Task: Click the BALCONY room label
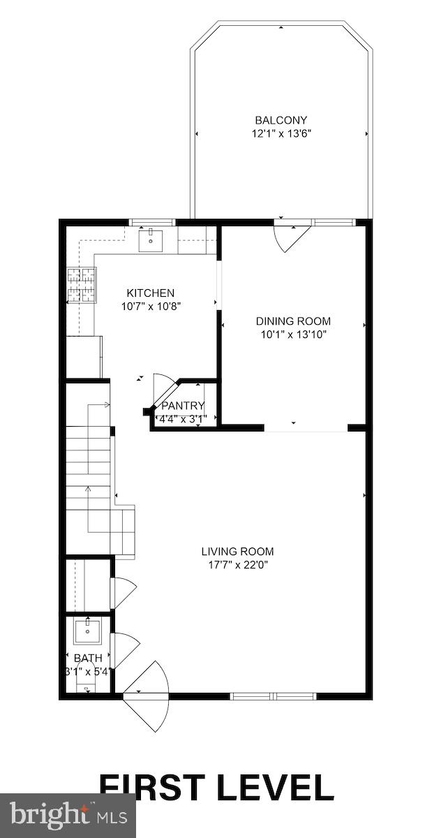click(281, 120)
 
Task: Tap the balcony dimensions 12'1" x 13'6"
click(281, 133)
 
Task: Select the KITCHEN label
click(150, 293)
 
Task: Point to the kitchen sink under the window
click(151, 241)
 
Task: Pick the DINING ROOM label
click(293, 321)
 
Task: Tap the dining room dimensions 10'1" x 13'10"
click(293, 334)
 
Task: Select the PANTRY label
click(183, 406)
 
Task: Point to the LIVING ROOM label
click(237, 551)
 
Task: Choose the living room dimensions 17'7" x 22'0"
click(237, 564)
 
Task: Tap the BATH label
click(88, 658)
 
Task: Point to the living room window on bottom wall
click(274, 696)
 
